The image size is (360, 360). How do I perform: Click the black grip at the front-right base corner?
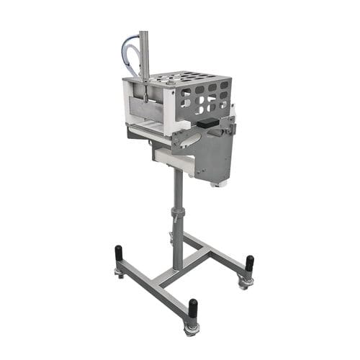[192, 311]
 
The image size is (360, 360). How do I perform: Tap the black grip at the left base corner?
[118, 255]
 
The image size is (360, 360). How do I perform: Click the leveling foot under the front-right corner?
[192, 329]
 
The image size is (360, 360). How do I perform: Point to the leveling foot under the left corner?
[118, 272]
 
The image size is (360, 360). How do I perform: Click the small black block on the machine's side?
[208, 124]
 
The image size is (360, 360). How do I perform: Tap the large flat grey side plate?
[216, 155]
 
